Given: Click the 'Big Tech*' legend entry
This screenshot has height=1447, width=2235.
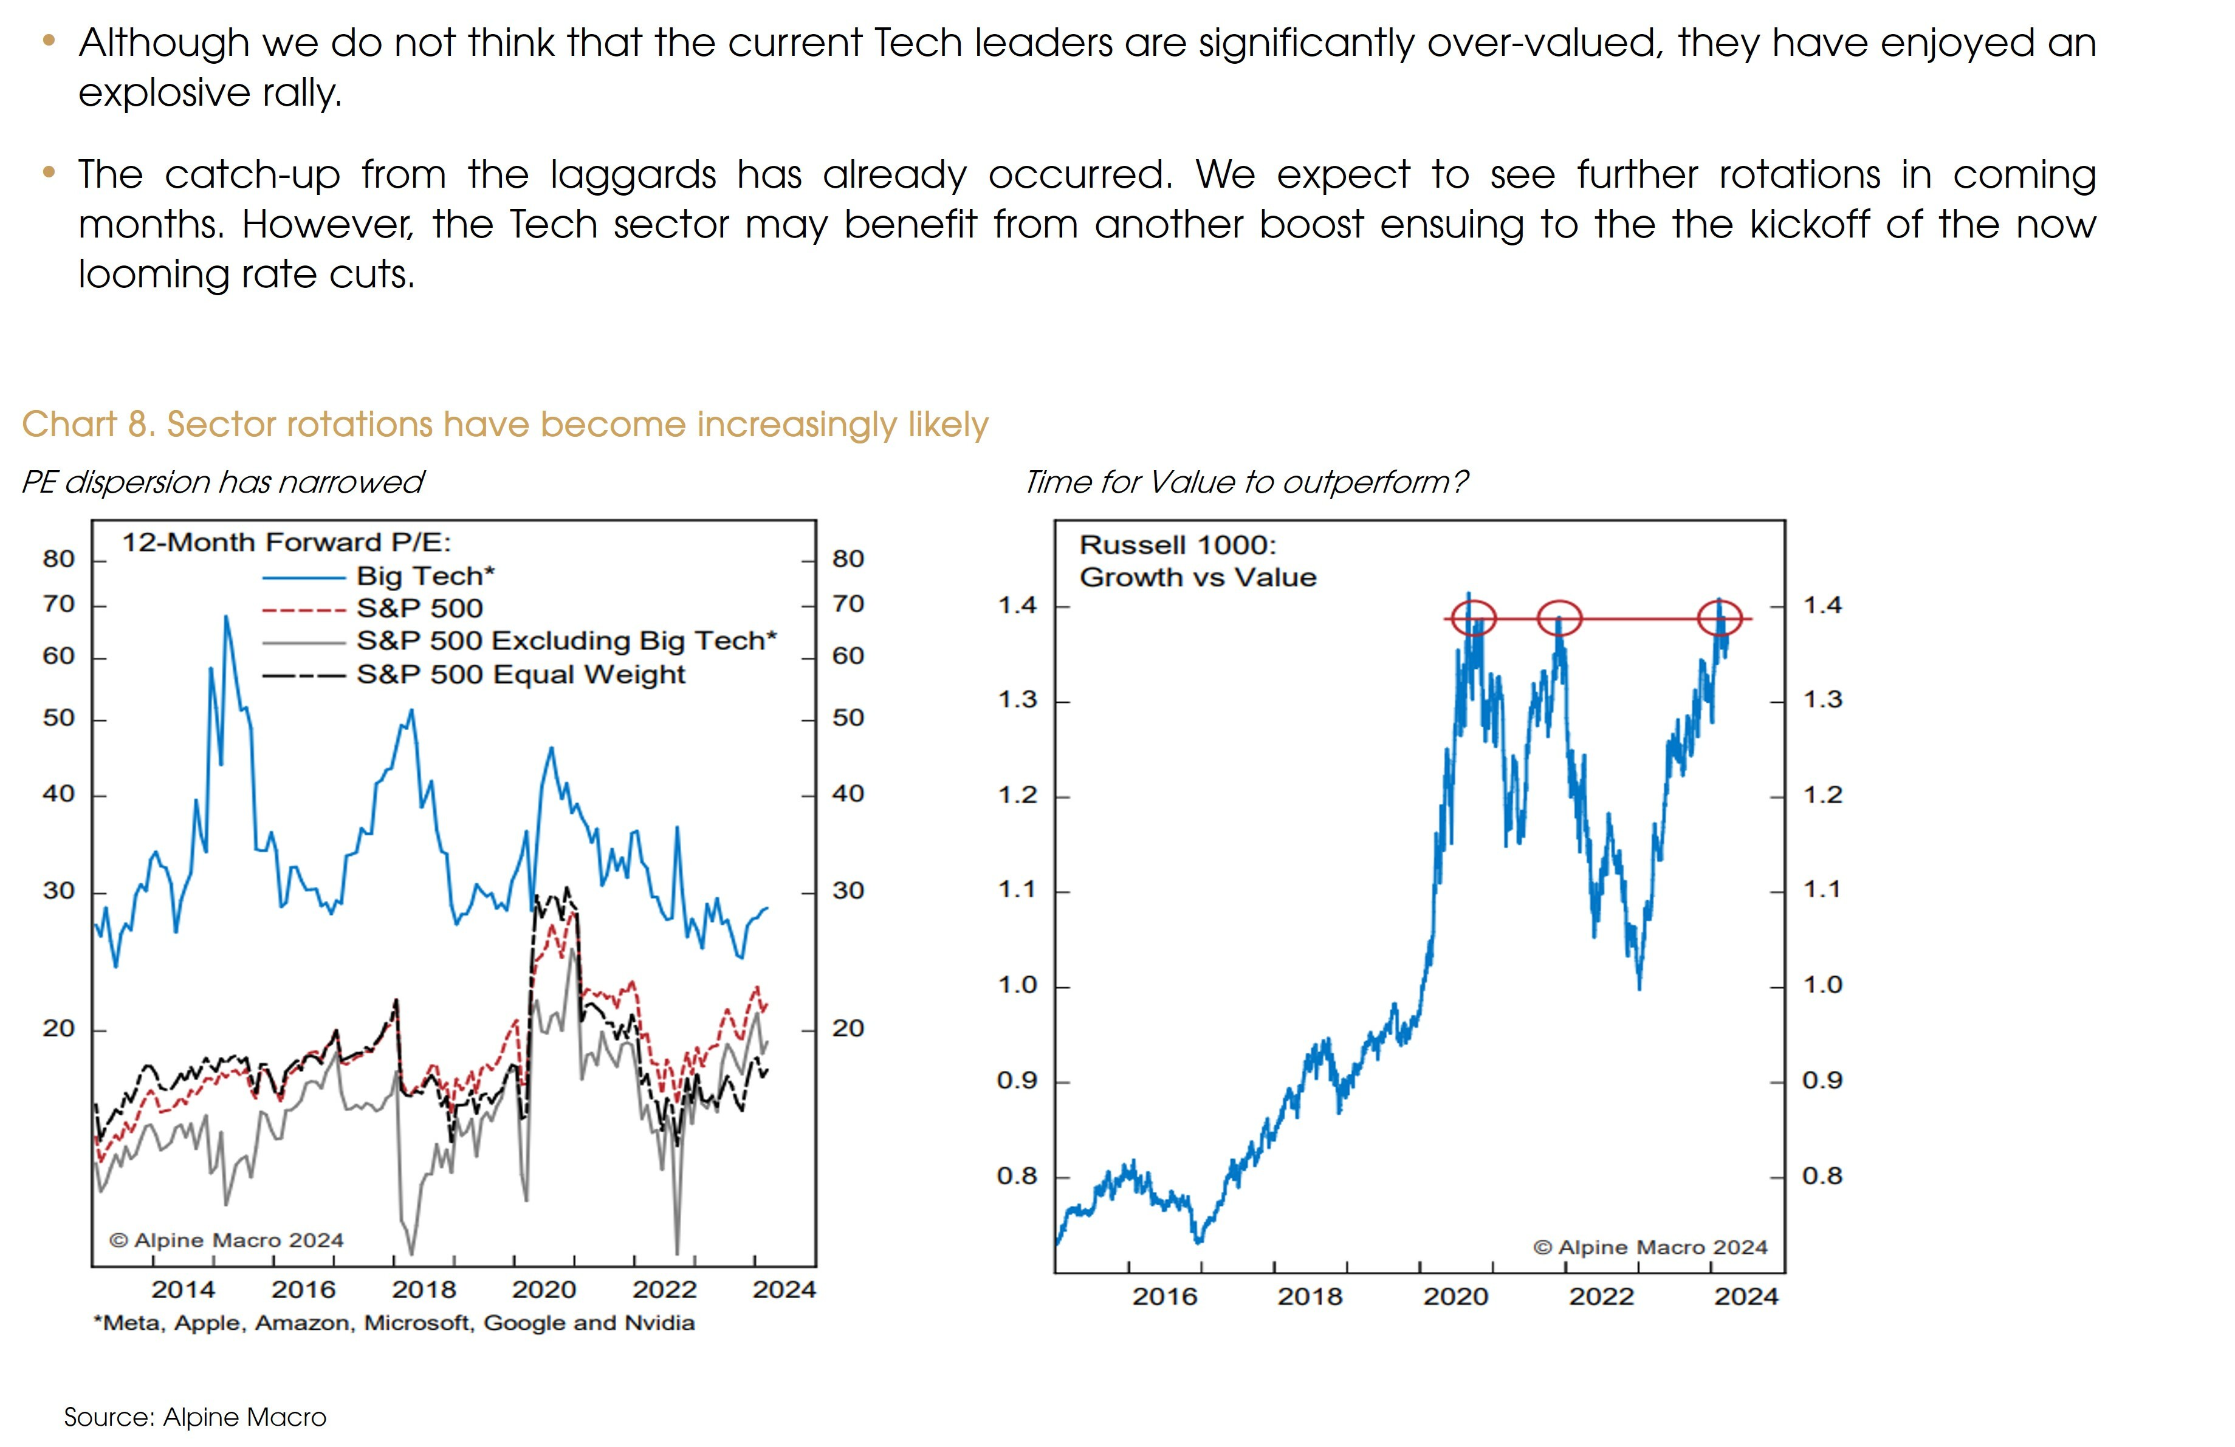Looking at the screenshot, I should [425, 575].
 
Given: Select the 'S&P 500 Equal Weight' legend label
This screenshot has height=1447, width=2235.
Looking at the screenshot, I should [520, 674].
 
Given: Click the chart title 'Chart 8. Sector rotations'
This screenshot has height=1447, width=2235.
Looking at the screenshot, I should [504, 425].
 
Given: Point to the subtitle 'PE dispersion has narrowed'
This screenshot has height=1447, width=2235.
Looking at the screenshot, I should [222, 482].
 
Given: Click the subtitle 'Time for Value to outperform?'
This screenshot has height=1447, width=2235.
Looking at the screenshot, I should [1245, 482].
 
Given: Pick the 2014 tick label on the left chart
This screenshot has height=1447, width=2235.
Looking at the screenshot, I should [183, 1289].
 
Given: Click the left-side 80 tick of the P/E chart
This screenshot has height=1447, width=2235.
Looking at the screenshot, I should [58, 559].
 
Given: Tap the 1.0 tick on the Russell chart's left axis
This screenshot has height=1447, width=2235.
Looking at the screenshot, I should [1017, 985].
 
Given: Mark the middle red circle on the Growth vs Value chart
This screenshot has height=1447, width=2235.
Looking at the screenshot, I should [1559, 618].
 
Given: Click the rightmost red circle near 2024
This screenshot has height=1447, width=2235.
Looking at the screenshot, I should [1720, 618].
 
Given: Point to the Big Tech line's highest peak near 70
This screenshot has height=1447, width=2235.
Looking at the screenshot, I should [226, 618].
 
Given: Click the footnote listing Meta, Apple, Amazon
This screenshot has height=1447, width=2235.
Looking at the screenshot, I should [394, 1322].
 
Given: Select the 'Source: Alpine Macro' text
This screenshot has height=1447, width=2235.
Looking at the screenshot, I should [195, 1417].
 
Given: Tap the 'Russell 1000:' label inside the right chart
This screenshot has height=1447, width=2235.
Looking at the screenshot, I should [1178, 545].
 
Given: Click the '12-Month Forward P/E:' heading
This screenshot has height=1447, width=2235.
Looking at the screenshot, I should [286, 542].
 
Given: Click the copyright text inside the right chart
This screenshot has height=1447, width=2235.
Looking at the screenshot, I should [1650, 1247].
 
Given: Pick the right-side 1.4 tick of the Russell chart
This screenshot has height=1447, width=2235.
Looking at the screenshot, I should [1822, 606].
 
